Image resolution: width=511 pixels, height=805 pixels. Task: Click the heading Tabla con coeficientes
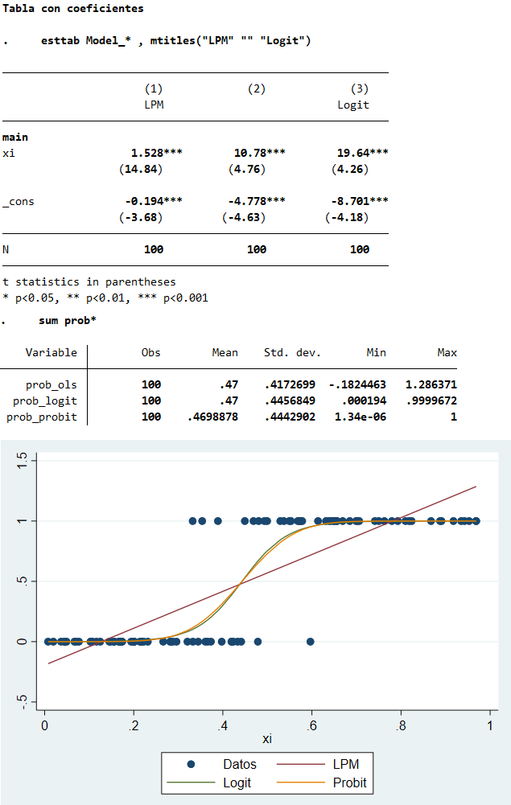tap(73, 9)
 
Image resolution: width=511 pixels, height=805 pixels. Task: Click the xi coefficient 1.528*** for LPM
tap(157, 153)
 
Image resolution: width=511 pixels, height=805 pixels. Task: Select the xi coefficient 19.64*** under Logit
tap(363, 153)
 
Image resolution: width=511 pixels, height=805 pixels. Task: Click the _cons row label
tap(19, 201)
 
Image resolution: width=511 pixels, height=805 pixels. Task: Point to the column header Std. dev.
tap(292, 352)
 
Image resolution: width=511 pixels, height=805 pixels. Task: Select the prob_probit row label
tap(42, 417)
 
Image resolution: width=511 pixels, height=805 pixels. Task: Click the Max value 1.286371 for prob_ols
tap(431, 384)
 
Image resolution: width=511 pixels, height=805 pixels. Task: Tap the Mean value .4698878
tap(212, 417)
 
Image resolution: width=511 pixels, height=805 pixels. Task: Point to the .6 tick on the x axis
tap(311, 726)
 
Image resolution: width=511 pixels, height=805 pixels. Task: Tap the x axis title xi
tap(266, 739)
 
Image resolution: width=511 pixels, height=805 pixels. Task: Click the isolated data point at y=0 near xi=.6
tap(311, 641)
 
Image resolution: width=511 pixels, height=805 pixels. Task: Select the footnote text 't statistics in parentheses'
tap(89, 281)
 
